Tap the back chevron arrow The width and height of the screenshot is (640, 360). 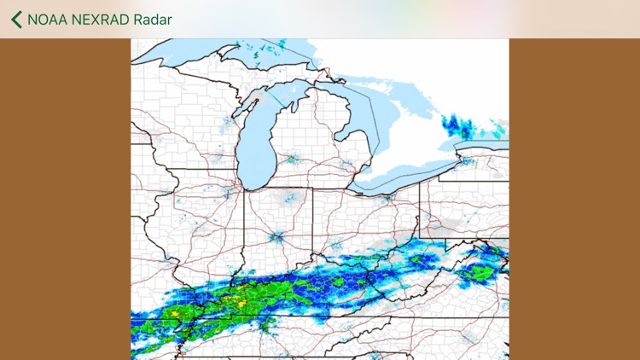pos(16,19)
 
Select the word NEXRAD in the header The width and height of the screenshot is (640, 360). pos(103,20)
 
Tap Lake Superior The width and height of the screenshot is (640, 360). pos(196,51)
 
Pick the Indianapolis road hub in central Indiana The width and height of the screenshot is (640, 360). pos(278,236)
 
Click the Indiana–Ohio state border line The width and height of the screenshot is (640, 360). pos(312,222)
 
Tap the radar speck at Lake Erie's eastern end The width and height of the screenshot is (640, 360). pos(465,161)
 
